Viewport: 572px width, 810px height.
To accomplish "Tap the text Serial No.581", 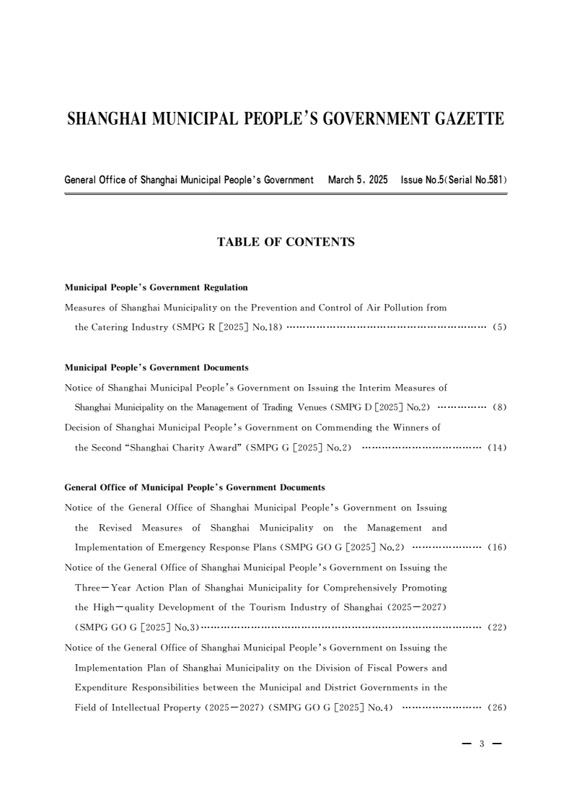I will tap(474, 179).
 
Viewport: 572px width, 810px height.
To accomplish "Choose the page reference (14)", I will tap(497, 448).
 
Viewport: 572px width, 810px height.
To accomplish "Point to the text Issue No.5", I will tap(422, 179).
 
